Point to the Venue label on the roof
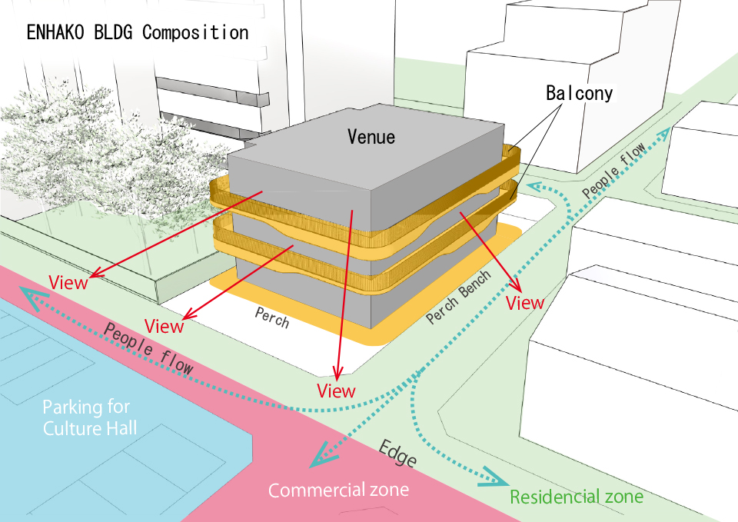[371, 137]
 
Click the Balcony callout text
[580, 93]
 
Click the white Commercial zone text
[338, 490]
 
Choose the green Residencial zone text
[577, 497]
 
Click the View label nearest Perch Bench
[525, 303]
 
